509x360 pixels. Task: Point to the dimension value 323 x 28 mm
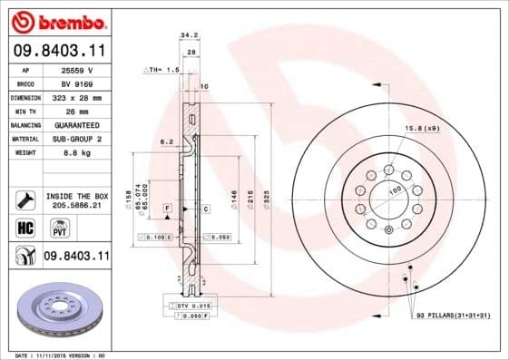tap(78, 97)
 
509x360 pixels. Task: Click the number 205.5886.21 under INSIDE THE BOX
tap(78, 205)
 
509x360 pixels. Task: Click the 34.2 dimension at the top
tap(189, 35)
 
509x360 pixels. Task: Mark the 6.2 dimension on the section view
tap(166, 143)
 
